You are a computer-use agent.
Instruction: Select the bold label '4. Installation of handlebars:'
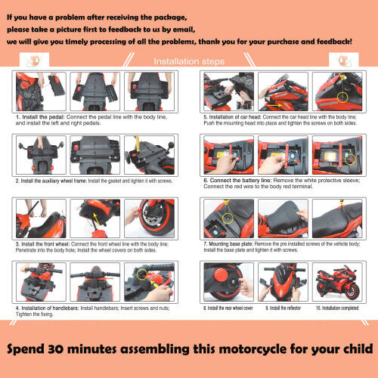(48, 308)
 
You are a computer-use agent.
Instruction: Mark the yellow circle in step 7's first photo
(227, 218)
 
